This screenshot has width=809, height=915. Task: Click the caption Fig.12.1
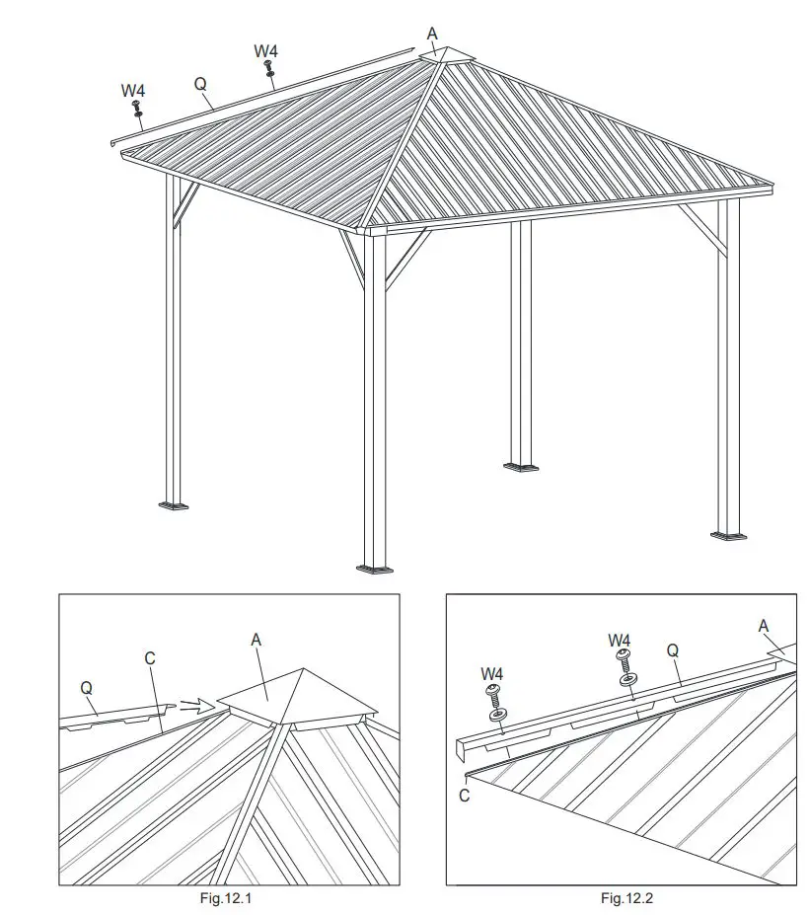[228, 898]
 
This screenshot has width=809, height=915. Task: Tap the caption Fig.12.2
[627, 898]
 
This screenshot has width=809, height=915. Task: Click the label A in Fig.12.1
[257, 641]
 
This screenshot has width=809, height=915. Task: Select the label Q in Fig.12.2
[673, 650]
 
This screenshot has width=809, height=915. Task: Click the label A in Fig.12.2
[763, 625]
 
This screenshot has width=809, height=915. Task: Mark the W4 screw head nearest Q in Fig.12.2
[624, 655]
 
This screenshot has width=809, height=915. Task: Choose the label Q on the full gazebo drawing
[200, 85]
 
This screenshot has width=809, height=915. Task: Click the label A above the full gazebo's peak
[432, 34]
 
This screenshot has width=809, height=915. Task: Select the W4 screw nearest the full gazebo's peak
[268, 68]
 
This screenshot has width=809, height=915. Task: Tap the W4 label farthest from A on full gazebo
[133, 91]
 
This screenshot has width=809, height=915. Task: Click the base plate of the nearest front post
[374, 568]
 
